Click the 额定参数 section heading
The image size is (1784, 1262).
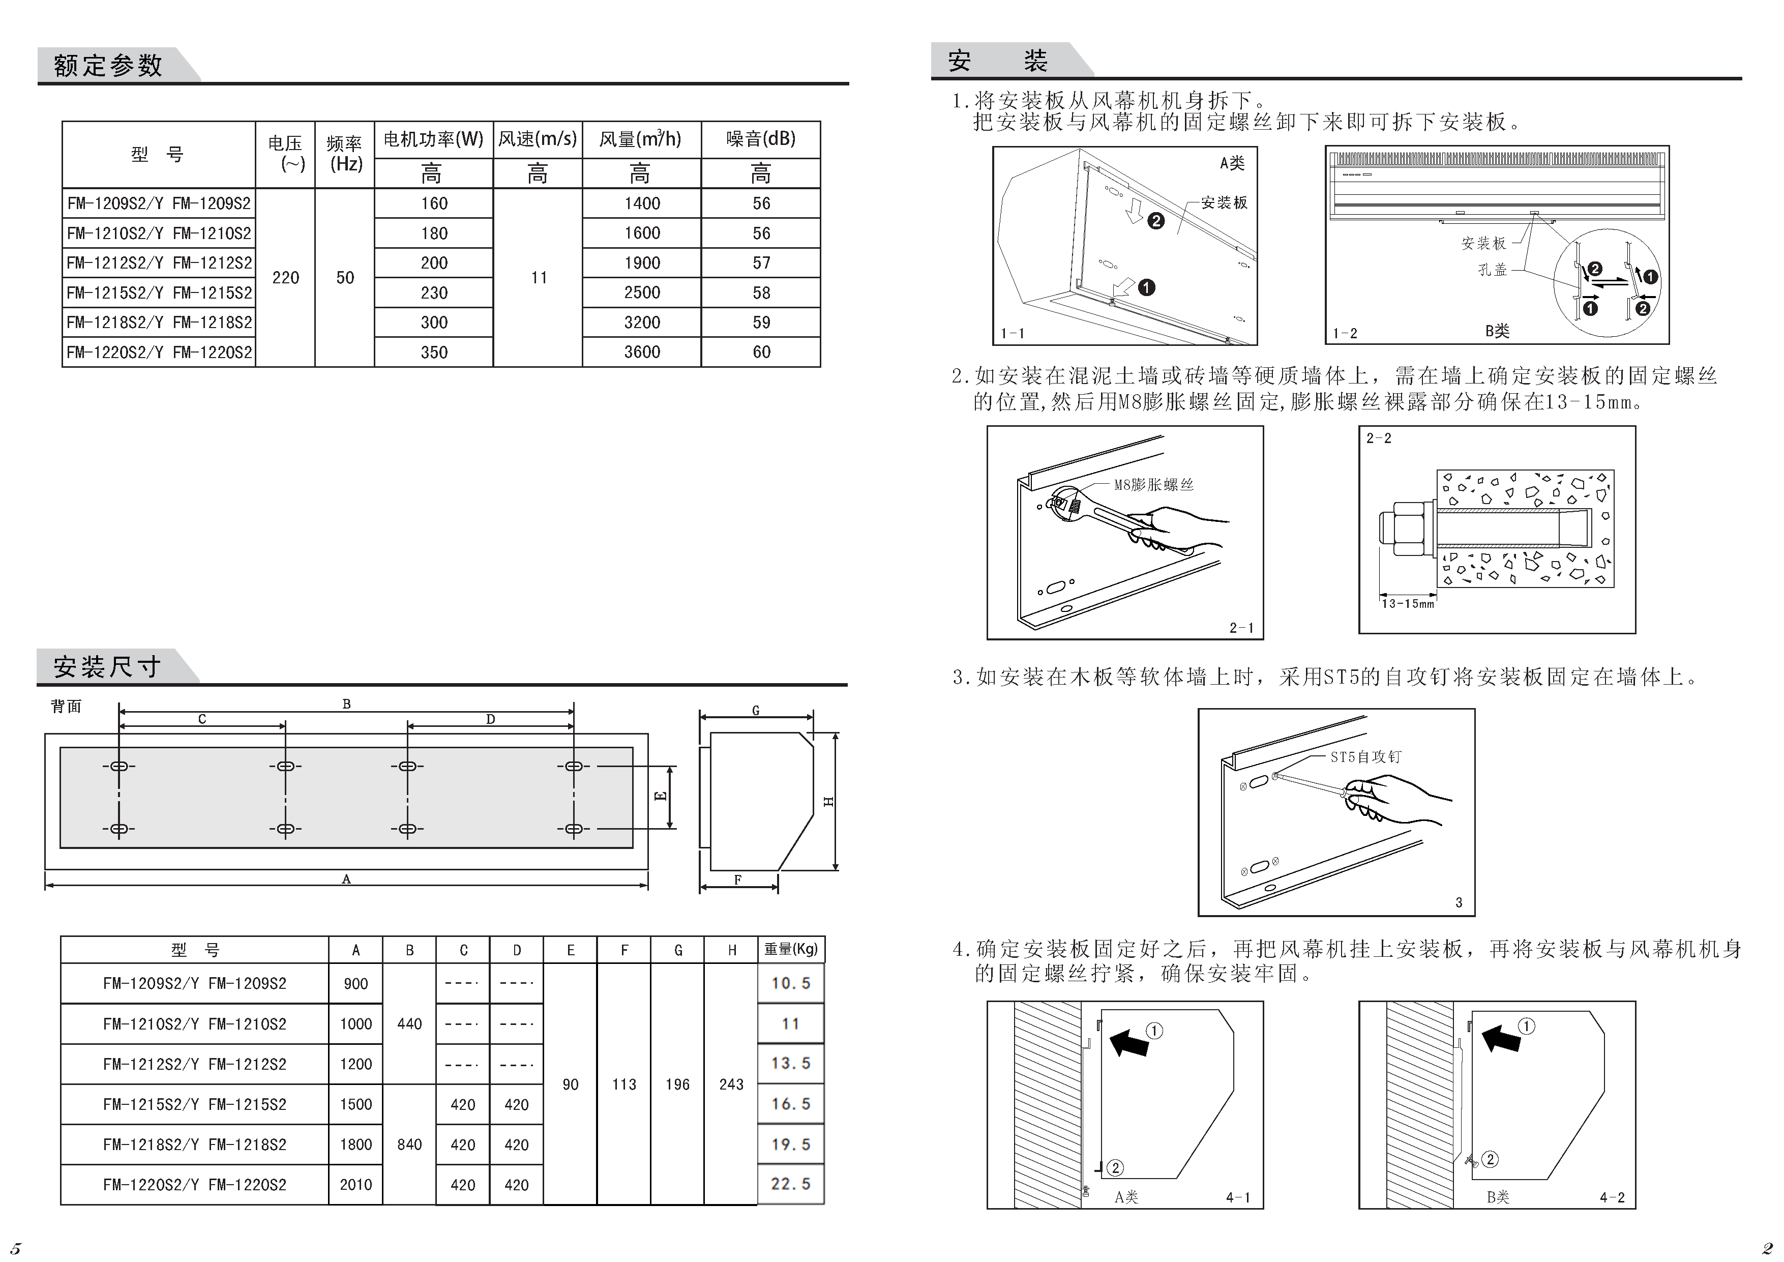[x=108, y=65]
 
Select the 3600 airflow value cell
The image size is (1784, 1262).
[x=642, y=352]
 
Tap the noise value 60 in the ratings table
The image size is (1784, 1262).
[x=761, y=352]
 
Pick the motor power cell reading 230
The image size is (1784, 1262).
[x=434, y=293]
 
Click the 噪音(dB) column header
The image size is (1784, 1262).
[x=761, y=139]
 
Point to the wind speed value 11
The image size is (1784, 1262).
[x=539, y=277]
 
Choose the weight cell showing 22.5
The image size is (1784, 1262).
[x=790, y=1184]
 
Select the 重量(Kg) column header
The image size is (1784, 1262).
[x=790, y=949]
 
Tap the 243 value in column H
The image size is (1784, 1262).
[x=731, y=1084]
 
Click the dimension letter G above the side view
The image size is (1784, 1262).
[x=755, y=710]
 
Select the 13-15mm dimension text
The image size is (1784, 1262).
[x=1407, y=604]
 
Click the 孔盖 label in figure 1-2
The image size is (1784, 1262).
[x=1492, y=270]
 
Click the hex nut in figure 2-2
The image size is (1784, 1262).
[x=1407, y=529]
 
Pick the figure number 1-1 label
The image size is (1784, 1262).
[x=1013, y=333]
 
